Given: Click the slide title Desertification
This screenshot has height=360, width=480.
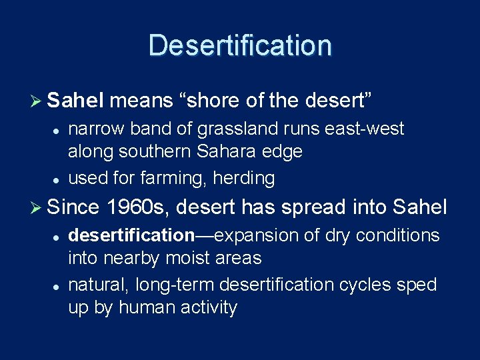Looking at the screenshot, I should tap(240, 45).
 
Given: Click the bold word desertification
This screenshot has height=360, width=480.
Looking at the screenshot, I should tap(131, 235).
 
